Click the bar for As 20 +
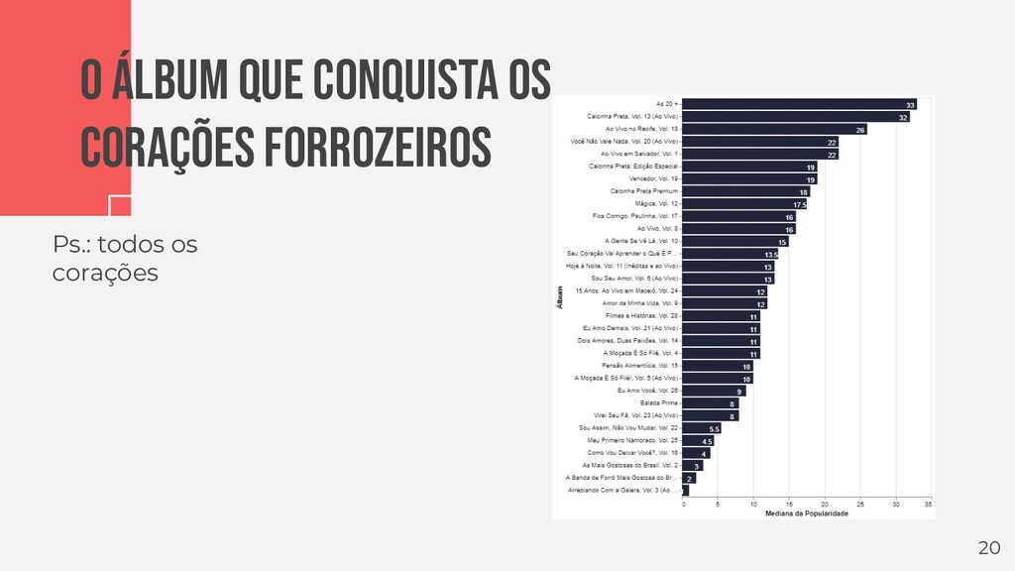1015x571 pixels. tap(799, 104)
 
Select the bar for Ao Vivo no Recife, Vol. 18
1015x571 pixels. tap(774, 129)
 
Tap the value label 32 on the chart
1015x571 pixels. tap(903, 117)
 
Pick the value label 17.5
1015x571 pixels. tap(799, 204)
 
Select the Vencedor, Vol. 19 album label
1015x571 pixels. tap(646, 178)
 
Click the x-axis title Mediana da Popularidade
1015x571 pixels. tap(806, 514)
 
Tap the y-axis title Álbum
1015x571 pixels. tap(559, 300)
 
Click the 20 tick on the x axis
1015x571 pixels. tap(825, 505)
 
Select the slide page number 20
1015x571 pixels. tap(989, 548)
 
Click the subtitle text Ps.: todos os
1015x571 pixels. tap(125, 244)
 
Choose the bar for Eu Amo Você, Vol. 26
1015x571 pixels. tap(714, 391)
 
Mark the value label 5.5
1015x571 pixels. tap(714, 429)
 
